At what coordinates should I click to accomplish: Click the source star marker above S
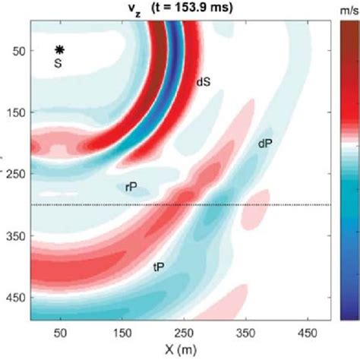coord(59,49)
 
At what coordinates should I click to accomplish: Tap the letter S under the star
coord(58,63)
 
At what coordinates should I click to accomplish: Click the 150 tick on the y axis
coord(15,112)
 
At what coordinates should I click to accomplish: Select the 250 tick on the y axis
coord(15,174)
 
